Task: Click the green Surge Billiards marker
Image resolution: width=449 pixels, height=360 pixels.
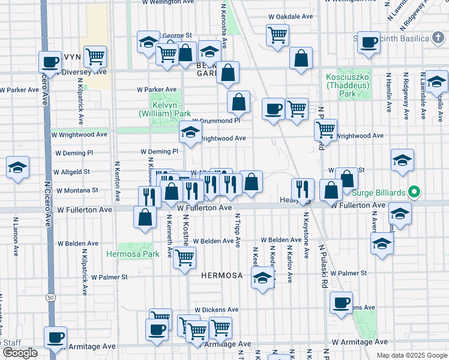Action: [413, 193]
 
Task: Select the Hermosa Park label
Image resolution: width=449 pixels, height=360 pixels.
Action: [133, 254]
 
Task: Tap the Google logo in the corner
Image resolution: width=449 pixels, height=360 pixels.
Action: [20, 353]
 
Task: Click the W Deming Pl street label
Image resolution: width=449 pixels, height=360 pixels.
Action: [159, 152]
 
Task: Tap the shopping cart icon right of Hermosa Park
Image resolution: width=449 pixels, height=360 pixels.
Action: [185, 257]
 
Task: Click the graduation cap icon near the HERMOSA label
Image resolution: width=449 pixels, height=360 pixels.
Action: [262, 278]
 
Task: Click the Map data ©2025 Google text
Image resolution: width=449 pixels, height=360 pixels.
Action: [411, 355]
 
